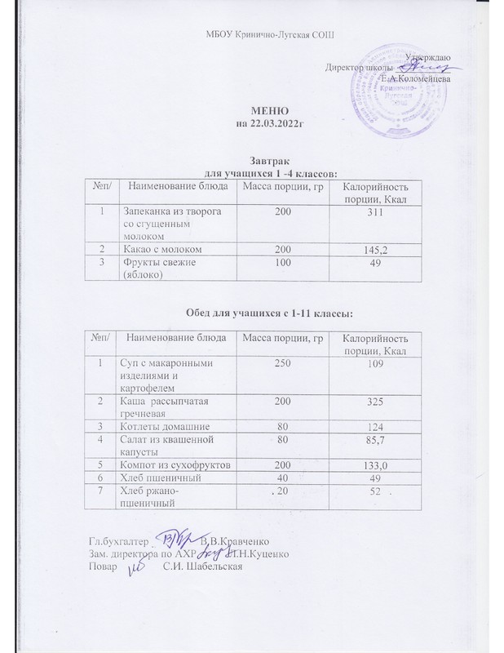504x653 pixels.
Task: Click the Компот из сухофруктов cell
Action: (174, 464)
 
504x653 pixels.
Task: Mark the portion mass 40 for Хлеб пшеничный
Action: (281, 478)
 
